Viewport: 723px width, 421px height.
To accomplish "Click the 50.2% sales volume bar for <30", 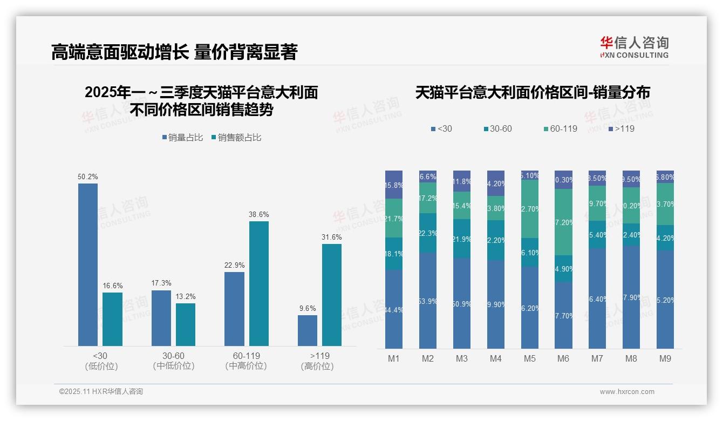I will pyautogui.click(x=88, y=264).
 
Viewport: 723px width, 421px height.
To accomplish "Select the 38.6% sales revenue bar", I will pyautogui.click(x=258, y=283).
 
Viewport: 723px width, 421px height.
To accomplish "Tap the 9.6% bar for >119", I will pyautogui.click(x=308, y=330).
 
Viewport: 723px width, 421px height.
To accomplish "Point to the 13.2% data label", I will pyautogui.click(x=186, y=296).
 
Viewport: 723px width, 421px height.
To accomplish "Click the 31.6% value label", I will pyautogui.click(x=332, y=237).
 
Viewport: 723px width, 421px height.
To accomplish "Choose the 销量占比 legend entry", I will pyautogui.click(x=182, y=138).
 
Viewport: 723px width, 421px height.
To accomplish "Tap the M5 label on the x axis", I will pyautogui.click(x=530, y=358).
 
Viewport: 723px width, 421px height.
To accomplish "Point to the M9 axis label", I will pyautogui.click(x=665, y=358).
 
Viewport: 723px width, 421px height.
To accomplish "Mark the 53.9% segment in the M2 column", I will pyautogui.click(x=428, y=301).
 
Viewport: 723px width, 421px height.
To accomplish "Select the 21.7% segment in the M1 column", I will pyautogui.click(x=394, y=218).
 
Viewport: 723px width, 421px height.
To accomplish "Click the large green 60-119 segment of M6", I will pyautogui.click(x=563, y=222).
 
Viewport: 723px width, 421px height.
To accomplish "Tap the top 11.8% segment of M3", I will pyautogui.click(x=462, y=181).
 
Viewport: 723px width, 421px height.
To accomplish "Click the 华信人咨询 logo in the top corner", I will pyautogui.click(x=634, y=47).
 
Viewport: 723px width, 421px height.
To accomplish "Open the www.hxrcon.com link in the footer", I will pyautogui.click(x=627, y=392).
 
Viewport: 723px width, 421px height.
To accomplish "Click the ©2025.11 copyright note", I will pyautogui.click(x=101, y=392).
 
